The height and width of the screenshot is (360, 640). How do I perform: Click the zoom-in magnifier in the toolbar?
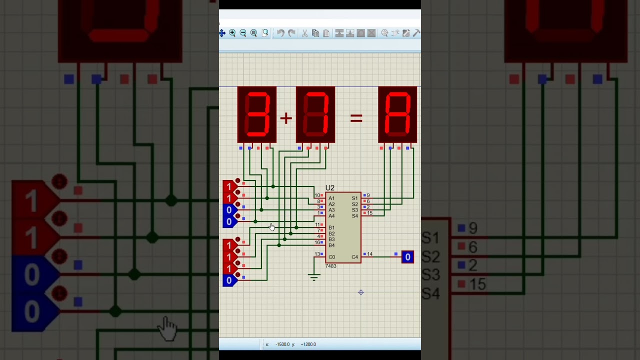232,33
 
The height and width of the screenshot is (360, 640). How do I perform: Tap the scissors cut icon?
304,33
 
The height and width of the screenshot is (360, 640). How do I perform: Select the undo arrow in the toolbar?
280,33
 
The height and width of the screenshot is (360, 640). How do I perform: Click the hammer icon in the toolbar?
416,33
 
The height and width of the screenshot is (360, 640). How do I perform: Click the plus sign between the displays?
285,118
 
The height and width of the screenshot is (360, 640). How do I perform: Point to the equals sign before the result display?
356,118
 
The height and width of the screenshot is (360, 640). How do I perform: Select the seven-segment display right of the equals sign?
397,114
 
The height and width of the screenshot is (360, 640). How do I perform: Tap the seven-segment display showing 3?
256,114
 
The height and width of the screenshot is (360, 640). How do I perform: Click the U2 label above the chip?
330,188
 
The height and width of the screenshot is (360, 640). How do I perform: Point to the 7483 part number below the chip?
330,266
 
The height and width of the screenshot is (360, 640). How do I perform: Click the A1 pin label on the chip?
331,198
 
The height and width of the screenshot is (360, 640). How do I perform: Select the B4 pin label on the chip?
331,245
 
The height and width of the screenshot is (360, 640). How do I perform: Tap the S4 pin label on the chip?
354,216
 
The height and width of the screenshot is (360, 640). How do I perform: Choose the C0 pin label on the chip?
331,257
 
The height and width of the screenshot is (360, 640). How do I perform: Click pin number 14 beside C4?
369,254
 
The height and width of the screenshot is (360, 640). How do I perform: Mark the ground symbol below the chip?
314,277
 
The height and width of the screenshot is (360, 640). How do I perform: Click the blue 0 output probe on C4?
407,257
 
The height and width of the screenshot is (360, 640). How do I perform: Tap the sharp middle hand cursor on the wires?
271,226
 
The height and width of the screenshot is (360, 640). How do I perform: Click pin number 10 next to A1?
317,195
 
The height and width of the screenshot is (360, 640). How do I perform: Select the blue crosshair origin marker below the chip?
361,292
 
